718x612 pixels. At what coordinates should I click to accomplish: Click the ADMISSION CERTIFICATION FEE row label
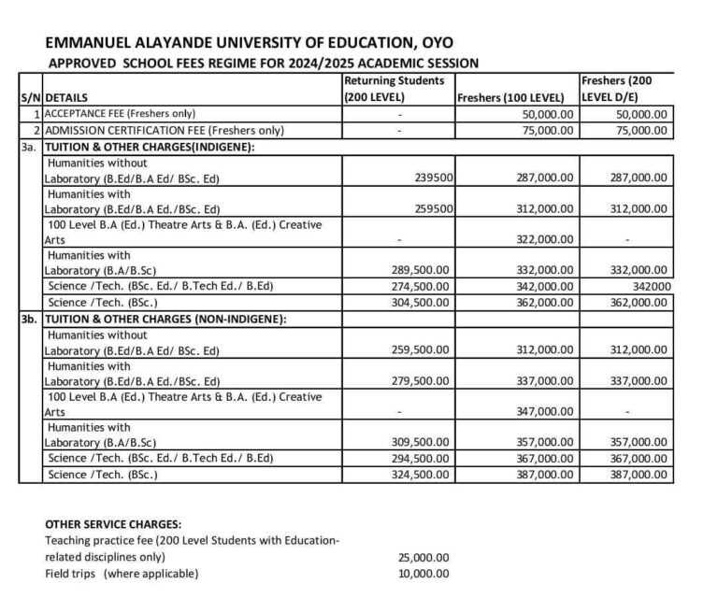coord(165,130)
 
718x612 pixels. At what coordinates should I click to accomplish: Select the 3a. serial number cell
coord(30,147)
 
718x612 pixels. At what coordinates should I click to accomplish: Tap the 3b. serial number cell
coord(30,319)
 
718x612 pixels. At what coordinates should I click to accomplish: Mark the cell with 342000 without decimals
coord(650,286)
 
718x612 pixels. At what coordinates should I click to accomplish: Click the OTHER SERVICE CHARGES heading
coord(113,524)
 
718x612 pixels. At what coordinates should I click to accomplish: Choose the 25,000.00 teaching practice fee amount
coord(424,558)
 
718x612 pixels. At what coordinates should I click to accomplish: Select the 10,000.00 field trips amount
coord(424,574)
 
